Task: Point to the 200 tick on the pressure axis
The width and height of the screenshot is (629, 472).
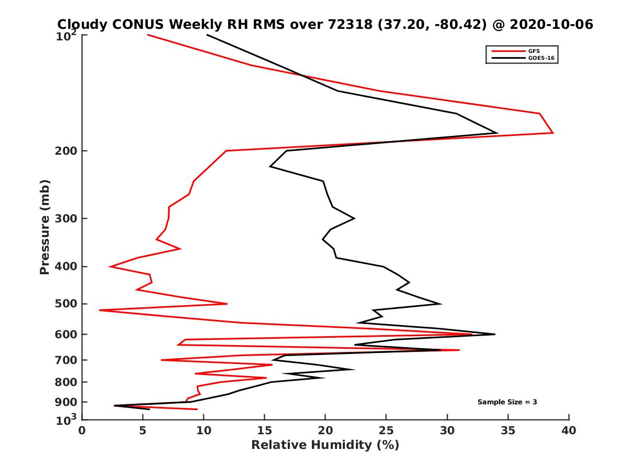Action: [82, 151]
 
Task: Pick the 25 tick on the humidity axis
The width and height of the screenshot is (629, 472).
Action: [386, 419]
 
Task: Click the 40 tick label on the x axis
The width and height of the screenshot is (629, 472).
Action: [569, 431]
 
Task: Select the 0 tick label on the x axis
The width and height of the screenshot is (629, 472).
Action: [82, 431]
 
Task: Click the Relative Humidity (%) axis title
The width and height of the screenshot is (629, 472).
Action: [325, 445]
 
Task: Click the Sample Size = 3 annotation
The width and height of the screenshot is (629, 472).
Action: [507, 402]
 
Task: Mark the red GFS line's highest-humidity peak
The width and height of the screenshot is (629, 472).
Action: [553, 133]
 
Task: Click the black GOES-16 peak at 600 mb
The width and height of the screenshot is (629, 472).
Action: [494, 334]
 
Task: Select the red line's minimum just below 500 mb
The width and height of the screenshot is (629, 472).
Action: [100, 310]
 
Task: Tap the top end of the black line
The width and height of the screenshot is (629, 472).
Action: [207, 35]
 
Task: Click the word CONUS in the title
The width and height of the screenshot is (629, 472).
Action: [135, 24]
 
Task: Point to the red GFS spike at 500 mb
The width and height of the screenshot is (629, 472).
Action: [227, 304]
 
